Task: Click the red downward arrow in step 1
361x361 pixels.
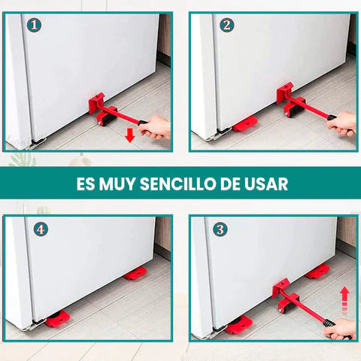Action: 129,135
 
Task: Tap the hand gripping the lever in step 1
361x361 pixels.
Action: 156,126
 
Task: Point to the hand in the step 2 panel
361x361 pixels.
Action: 342,123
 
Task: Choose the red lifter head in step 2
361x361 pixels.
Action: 287,97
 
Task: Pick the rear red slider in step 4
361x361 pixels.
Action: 135,273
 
